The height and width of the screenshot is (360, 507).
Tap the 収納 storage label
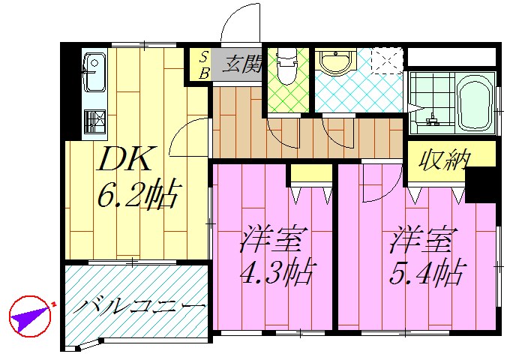[x=444, y=160]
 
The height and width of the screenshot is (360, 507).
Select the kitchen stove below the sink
[x=94, y=121]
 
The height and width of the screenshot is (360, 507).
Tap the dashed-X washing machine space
[x=388, y=61]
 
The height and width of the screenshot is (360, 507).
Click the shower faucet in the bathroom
[x=433, y=118]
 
